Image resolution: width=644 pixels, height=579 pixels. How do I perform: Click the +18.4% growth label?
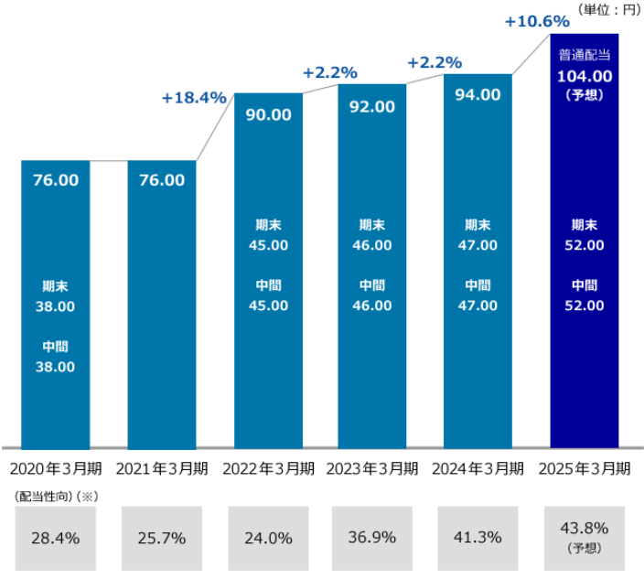coord(193,98)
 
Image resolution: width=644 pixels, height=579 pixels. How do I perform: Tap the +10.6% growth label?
coord(537,21)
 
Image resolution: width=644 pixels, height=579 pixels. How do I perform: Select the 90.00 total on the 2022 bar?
coord(269,115)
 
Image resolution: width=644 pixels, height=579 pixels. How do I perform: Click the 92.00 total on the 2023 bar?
coord(372,106)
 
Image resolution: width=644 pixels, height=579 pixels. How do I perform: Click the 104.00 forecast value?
coord(585,75)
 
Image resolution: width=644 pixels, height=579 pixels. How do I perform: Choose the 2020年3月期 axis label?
coord(57,468)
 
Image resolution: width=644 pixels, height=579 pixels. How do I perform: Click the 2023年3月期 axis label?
coord(373,468)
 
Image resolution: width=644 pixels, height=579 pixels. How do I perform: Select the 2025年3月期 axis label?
coord(585,468)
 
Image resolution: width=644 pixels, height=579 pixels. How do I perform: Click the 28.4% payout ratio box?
coord(56,537)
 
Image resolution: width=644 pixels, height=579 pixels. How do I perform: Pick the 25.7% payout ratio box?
coord(161,537)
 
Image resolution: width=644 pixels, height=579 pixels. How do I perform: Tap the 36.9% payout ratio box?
coord(372,537)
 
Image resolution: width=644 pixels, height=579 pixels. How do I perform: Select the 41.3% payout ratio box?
coord(478,537)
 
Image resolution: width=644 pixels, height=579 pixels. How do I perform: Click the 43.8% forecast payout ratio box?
coord(585,537)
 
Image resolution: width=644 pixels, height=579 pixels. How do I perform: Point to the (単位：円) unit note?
coord(607,9)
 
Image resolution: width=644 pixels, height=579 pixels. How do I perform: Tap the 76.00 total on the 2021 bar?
coord(161,180)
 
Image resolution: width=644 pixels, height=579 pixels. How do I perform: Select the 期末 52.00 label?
coord(585,235)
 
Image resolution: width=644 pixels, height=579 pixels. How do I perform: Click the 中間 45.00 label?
coord(269,295)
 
